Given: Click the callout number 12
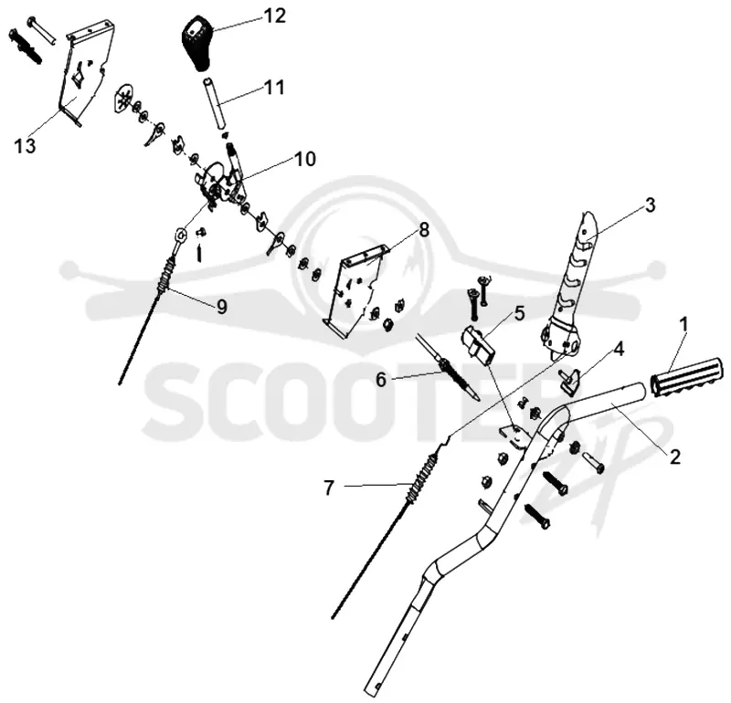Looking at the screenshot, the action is [x=274, y=16].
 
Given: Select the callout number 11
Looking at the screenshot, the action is [x=274, y=87].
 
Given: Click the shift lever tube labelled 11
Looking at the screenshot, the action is [x=215, y=103].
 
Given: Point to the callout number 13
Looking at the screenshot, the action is [x=25, y=146].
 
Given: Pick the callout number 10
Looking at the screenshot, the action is [x=305, y=160].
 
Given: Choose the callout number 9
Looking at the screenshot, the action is [x=221, y=307].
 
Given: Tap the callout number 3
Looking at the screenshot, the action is [x=650, y=205].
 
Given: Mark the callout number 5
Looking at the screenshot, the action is [x=519, y=313].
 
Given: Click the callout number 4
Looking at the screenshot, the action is [x=620, y=349].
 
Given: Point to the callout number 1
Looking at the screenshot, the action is [x=683, y=324].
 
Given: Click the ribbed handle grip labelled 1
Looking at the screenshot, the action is [x=685, y=378].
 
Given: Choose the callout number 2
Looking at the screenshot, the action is [x=674, y=456].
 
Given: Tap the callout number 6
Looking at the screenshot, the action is [x=381, y=380].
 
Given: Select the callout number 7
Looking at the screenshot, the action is [x=329, y=488].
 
